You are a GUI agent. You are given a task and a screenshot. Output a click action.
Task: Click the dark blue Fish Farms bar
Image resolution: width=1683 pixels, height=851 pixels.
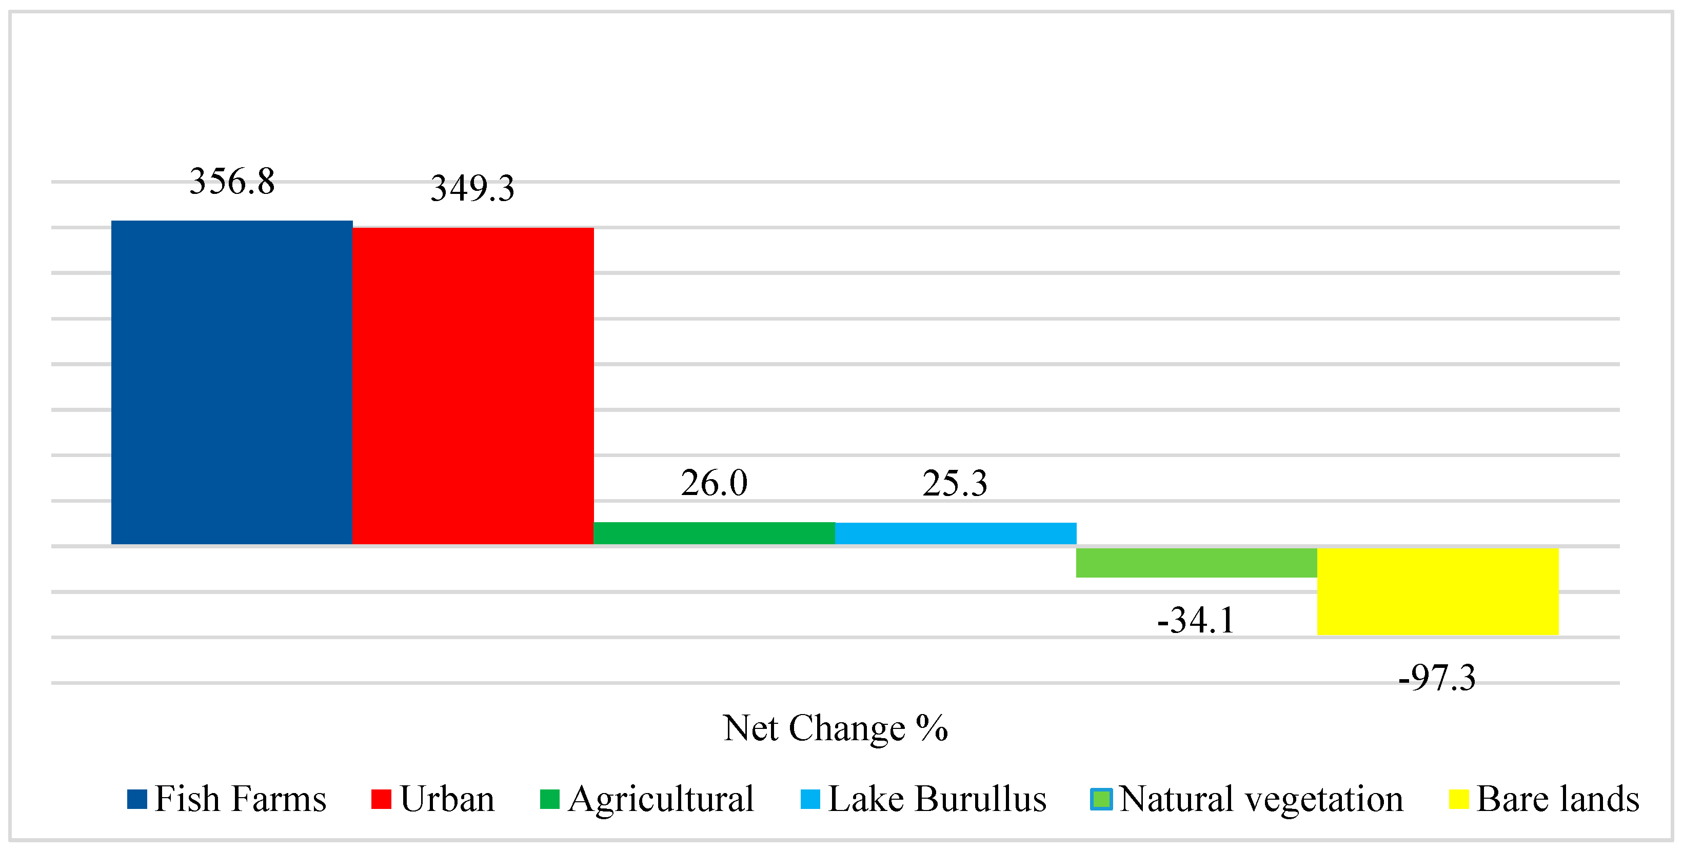point(232,382)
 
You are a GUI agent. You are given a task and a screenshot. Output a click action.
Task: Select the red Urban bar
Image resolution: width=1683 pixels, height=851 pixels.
point(473,385)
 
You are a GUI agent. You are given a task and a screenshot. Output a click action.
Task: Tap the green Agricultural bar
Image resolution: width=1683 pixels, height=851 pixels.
point(714,533)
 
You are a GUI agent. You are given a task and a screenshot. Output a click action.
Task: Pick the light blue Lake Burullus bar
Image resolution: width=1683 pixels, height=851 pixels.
point(955,533)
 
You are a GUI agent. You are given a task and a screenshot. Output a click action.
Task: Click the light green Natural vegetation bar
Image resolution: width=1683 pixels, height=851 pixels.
point(1196,562)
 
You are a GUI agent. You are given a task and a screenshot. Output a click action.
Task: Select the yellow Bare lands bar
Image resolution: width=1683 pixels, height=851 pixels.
point(1437,591)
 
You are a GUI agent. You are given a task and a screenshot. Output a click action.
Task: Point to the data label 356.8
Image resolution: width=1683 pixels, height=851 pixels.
point(232,181)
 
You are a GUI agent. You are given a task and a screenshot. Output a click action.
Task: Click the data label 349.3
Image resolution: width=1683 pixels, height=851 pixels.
point(472,188)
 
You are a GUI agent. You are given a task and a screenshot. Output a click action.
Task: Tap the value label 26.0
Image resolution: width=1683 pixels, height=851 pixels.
point(714,483)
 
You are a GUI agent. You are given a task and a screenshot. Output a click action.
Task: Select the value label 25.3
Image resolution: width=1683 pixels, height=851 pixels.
point(955,483)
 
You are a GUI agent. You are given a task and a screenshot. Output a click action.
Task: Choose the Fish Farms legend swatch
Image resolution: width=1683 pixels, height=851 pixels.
point(136,799)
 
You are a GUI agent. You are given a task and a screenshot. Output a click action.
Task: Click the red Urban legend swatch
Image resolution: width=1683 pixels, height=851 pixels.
point(381,799)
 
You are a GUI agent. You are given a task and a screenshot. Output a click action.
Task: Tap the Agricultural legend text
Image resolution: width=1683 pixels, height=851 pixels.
point(661,799)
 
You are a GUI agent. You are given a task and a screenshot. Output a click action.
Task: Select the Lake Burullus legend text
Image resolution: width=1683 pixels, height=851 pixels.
point(937,799)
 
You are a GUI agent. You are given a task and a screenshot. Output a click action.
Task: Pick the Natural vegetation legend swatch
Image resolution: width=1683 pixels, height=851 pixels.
point(1101,799)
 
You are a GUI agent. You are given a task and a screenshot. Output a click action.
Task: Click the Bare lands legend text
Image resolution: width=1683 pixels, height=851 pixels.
point(1557,799)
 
